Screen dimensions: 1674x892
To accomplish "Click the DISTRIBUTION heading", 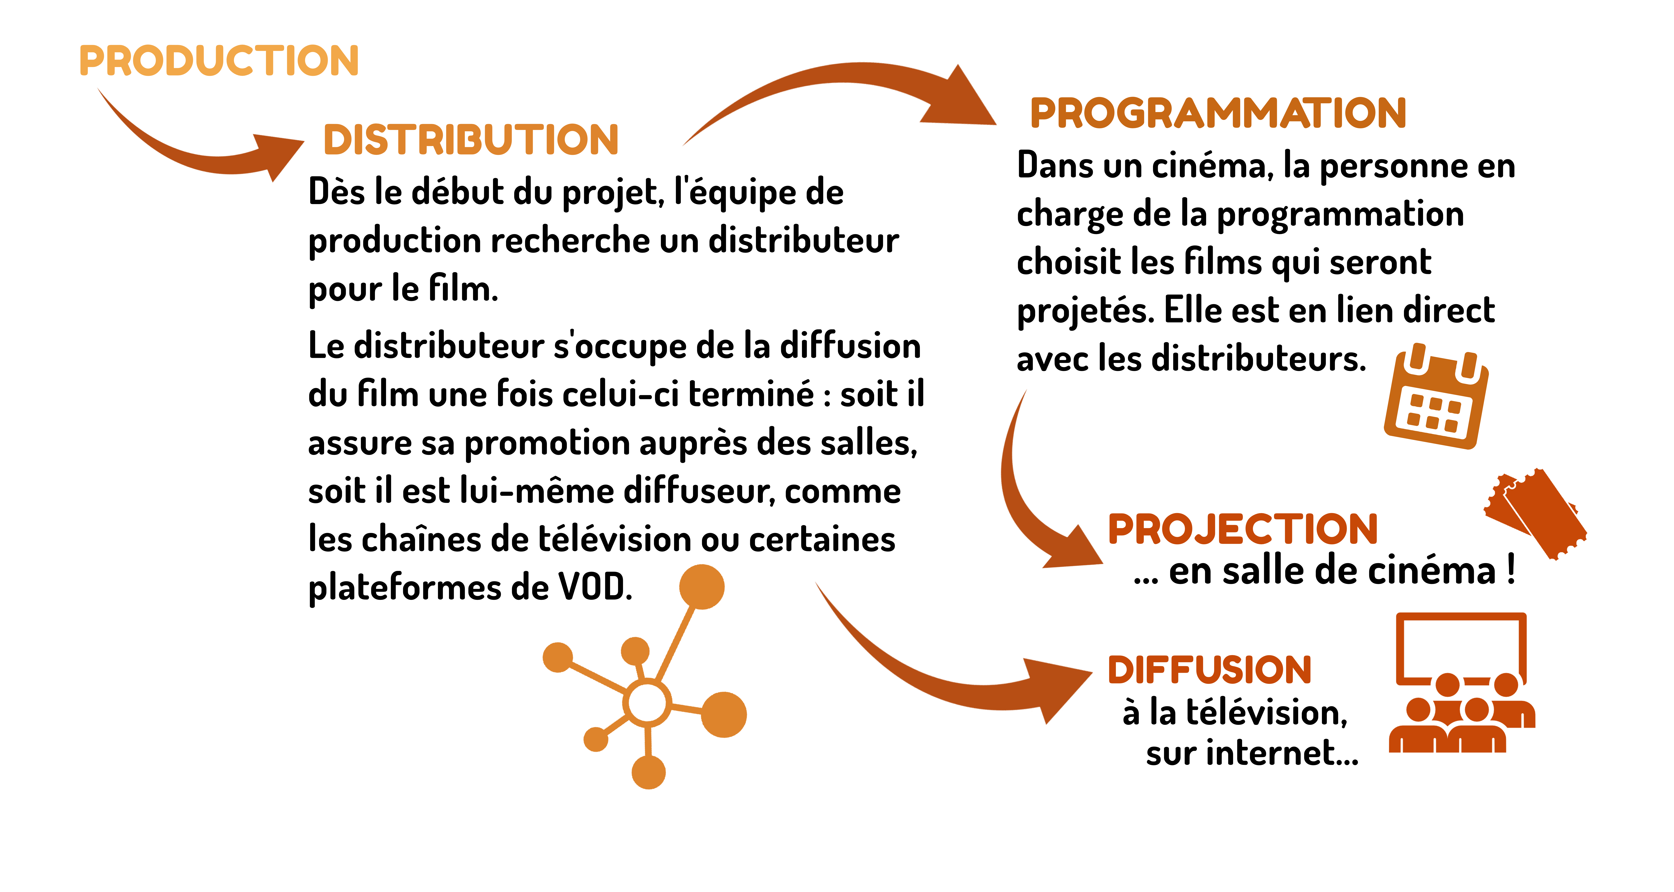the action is [471, 140].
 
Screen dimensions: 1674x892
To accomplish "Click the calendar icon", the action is [1436, 397].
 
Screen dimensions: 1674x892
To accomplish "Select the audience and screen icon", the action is [1462, 683].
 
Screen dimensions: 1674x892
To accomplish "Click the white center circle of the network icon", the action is [647, 703].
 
